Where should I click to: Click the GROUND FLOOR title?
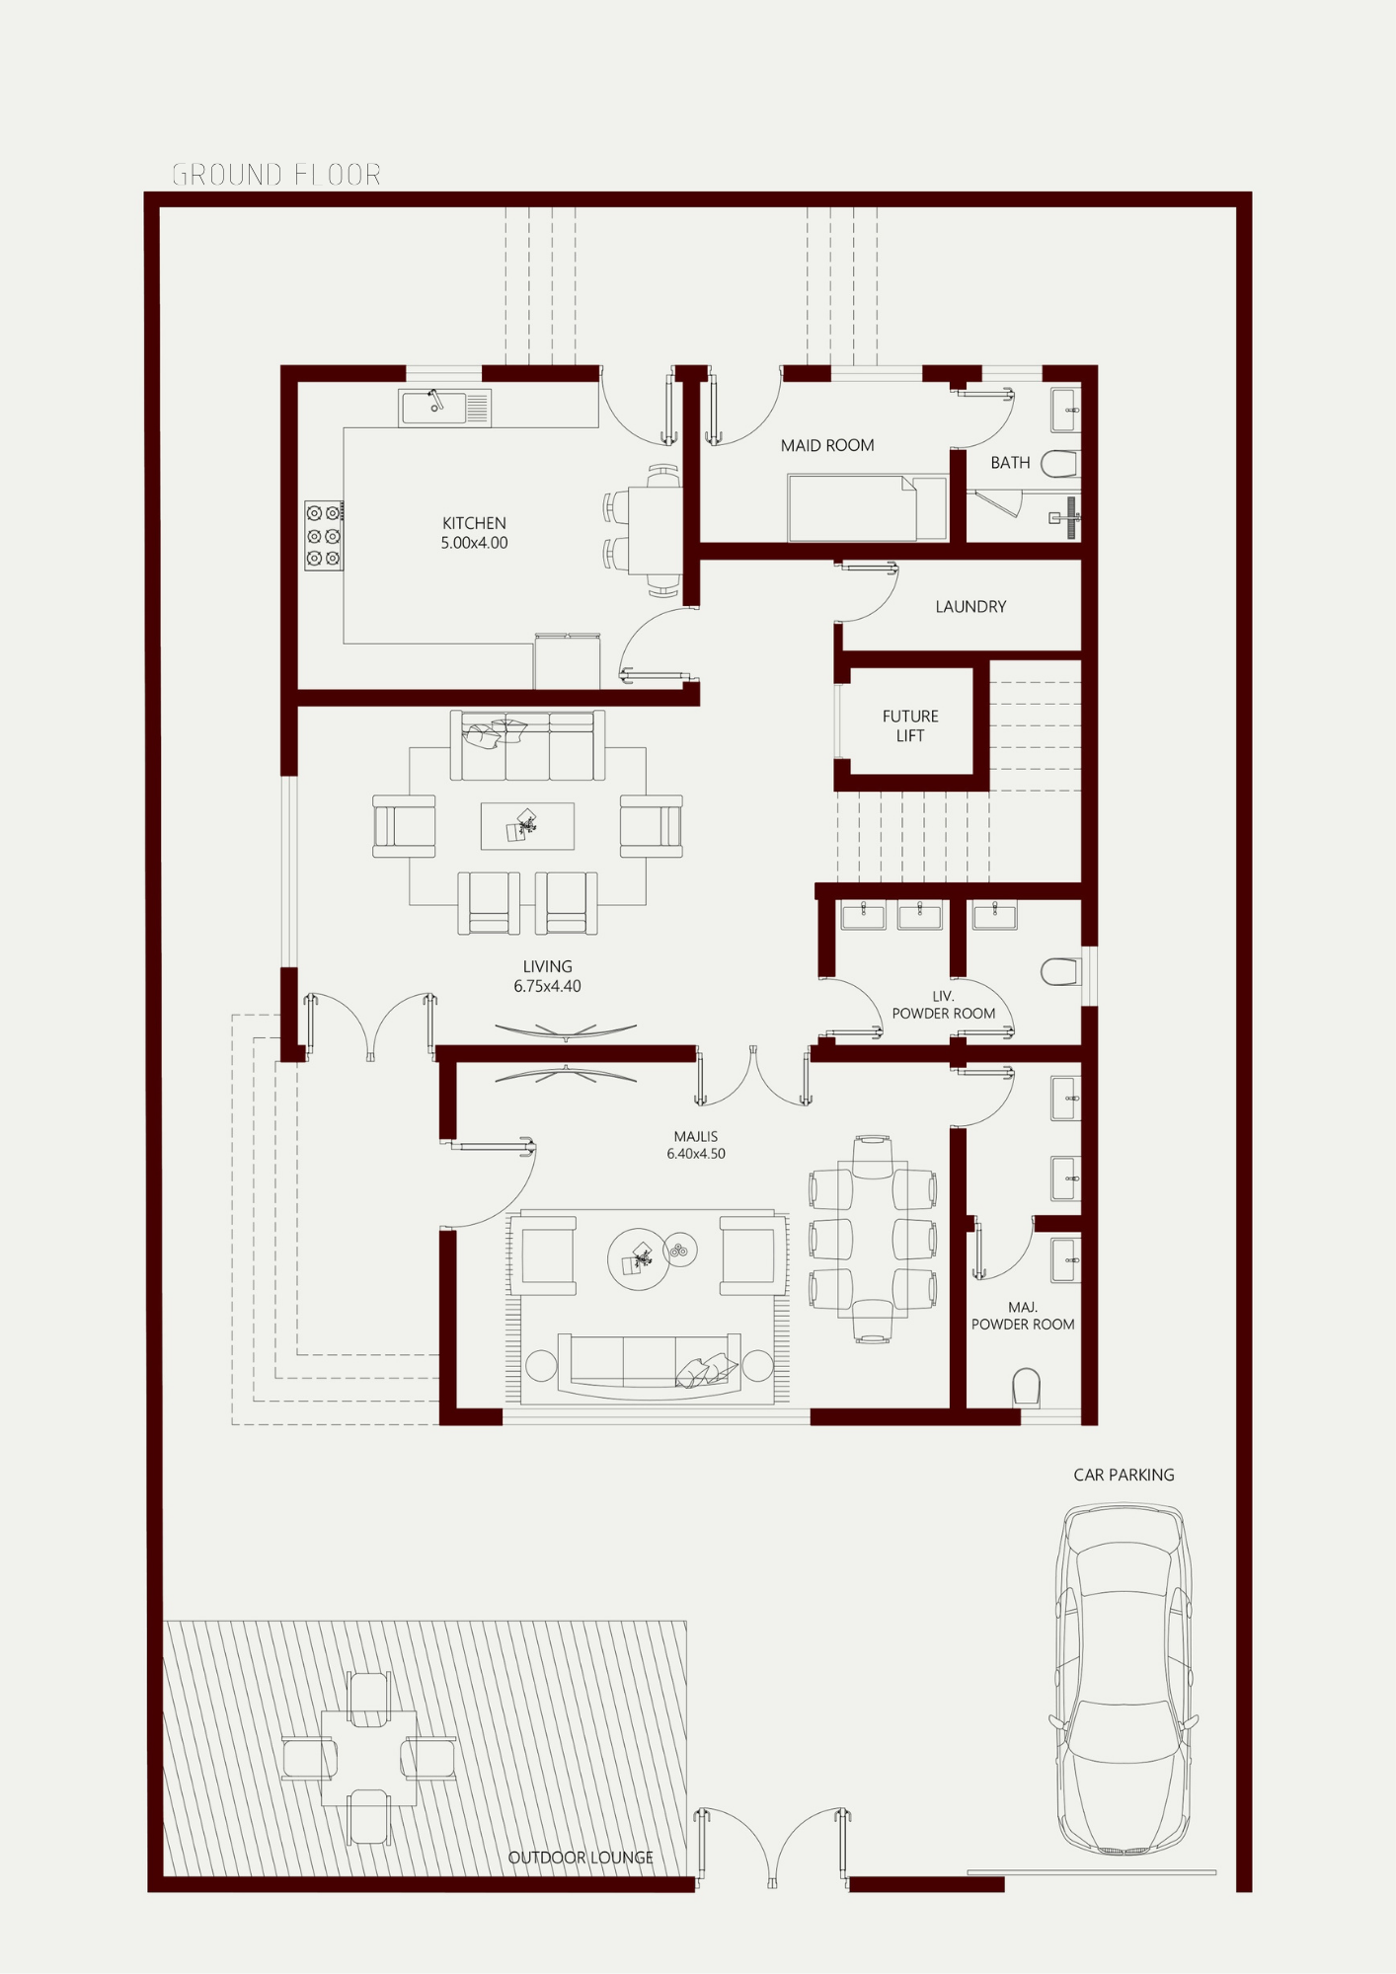(x=276, y=175)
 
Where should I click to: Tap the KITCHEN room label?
(x=474, y=523)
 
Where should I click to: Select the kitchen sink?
(x=444, y=408)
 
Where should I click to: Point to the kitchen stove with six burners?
(x=324, y=536)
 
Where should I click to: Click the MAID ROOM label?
(x=827, y=446)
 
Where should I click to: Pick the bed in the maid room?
(x=868, y=508)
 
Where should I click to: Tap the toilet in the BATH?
(x=1060, y=464)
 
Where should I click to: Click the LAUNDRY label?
(x=970, y=607)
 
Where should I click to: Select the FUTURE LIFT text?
(x=910, y=725)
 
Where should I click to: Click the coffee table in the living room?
(x=527, y=826)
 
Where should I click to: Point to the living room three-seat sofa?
(x=527, y=745)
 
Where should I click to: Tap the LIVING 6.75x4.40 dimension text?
(x=547, y=976)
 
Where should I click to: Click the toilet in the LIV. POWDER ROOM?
(x=1061, y=972)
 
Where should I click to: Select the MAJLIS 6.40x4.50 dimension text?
(x=696, y=1145)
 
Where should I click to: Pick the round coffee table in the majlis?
(x=639, y=1259)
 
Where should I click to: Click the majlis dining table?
(x=873, y=1239)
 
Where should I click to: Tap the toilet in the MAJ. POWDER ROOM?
(x=1027, y=1387)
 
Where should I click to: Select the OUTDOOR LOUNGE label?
(x=581, y=1858)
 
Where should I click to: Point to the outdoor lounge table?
(x=368, y=1758)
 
